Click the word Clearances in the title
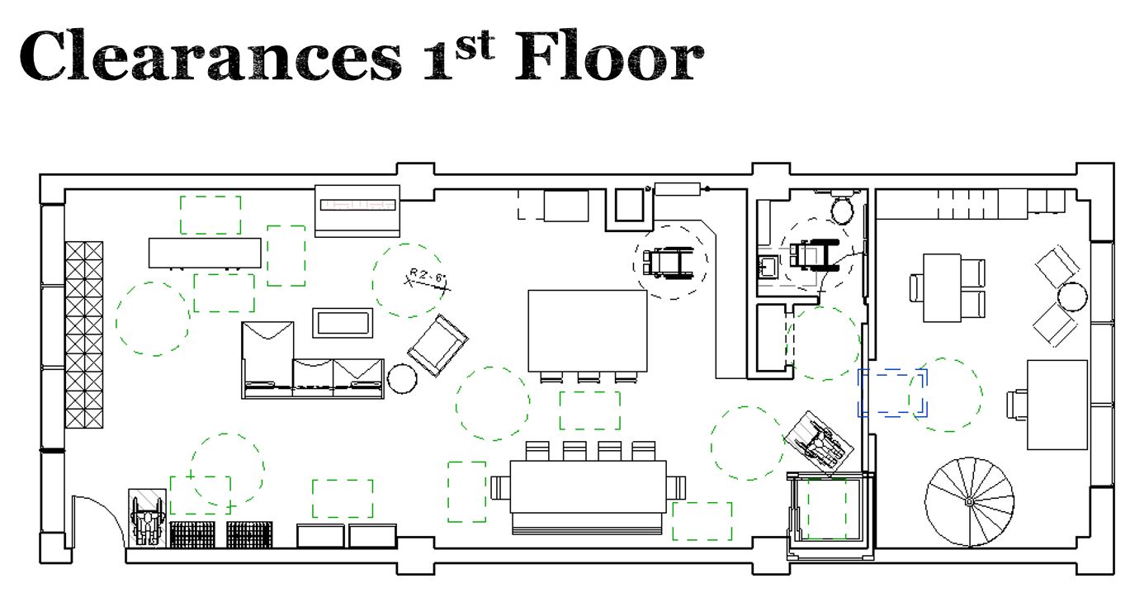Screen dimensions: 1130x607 coord(210,55)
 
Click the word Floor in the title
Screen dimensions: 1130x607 coord(609,55)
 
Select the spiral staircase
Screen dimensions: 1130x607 coord(969,501)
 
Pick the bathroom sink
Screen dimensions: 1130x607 coord(768,266)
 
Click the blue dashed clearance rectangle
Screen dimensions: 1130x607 coord(892,393)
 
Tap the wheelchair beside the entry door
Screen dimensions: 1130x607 coord(147,517)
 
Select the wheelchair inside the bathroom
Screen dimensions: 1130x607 coord(814,255)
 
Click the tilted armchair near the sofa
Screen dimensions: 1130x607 coord(437,345)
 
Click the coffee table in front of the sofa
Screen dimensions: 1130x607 coord(343,323)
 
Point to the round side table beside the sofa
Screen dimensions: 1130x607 coord(402,379)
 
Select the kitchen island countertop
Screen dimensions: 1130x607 coord(588,331)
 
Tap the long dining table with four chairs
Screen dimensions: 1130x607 coord(589,487)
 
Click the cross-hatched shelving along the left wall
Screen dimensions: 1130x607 coord(84,334)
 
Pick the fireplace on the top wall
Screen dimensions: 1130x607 coord(357,211)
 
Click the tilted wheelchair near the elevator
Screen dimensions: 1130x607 coord(819,443)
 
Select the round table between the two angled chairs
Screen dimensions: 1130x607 coord(1072,296)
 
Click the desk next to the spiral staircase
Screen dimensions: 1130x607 coord(1057,405)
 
